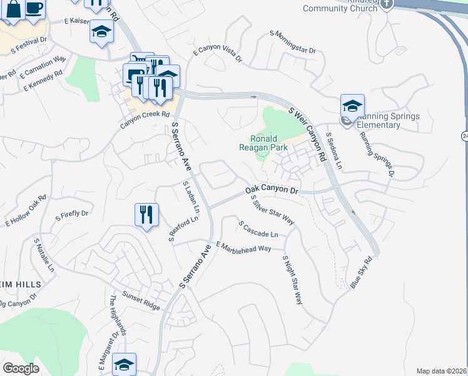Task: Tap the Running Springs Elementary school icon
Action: click(x=352, y=107)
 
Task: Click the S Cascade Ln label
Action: click(x=258, y=229)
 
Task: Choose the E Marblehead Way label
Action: click(x=243, y=246)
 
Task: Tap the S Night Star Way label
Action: click(x=292, y=280)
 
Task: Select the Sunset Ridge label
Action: click(x=141, y=301)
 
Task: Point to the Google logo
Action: click(x=21, y=368)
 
